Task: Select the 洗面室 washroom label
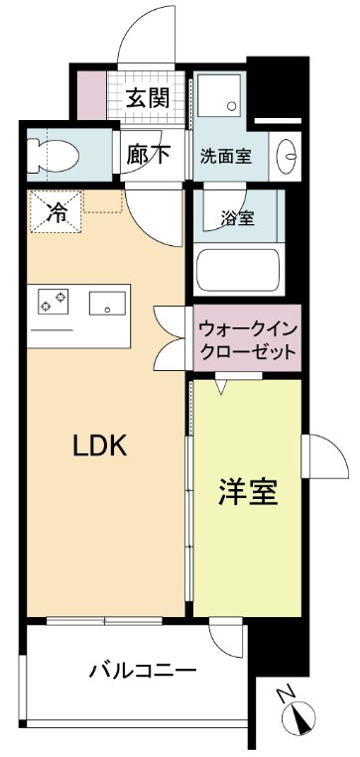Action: [225, 155]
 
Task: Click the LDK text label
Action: [100, 445]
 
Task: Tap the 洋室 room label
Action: [247, 491]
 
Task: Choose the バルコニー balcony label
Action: [143, 671]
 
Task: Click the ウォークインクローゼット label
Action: [246, 339]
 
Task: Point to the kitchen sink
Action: [105, 303]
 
